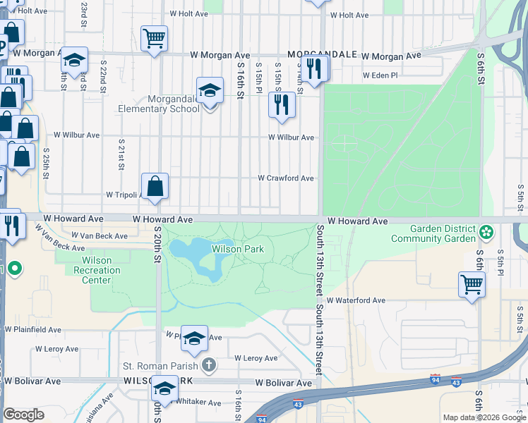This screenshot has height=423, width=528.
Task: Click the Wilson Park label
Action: pyautogui.click(x=238, y=249)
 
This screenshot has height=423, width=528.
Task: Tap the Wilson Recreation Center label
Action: pyautogui.click(x=97, y=270)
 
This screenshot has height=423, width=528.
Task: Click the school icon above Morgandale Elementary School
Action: pyautogui.click(x=209, y=91)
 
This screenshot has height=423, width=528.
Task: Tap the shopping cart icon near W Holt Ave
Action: pyautogui.click(x=154, y=38)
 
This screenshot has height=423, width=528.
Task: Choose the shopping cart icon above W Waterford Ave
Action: pyautogui.click(x=472, y=285)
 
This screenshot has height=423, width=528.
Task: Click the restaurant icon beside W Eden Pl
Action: pyautogui.click(x=315, y=69)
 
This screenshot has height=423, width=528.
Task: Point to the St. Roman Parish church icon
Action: pyautogui.click(x=208, y=365)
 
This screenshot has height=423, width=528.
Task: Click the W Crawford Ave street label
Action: pyautogui.click(x=285, y=178)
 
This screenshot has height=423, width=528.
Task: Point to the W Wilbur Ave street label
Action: pyautogui.click(x=291, y=137)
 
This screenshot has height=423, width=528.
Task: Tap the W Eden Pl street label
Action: pyautogui.click(x=380, y=75)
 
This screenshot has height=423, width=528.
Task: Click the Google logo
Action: pyautogui.click(x=23, y=415)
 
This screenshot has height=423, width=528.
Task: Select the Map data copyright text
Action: pyautogui.click(x=484, y=417)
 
